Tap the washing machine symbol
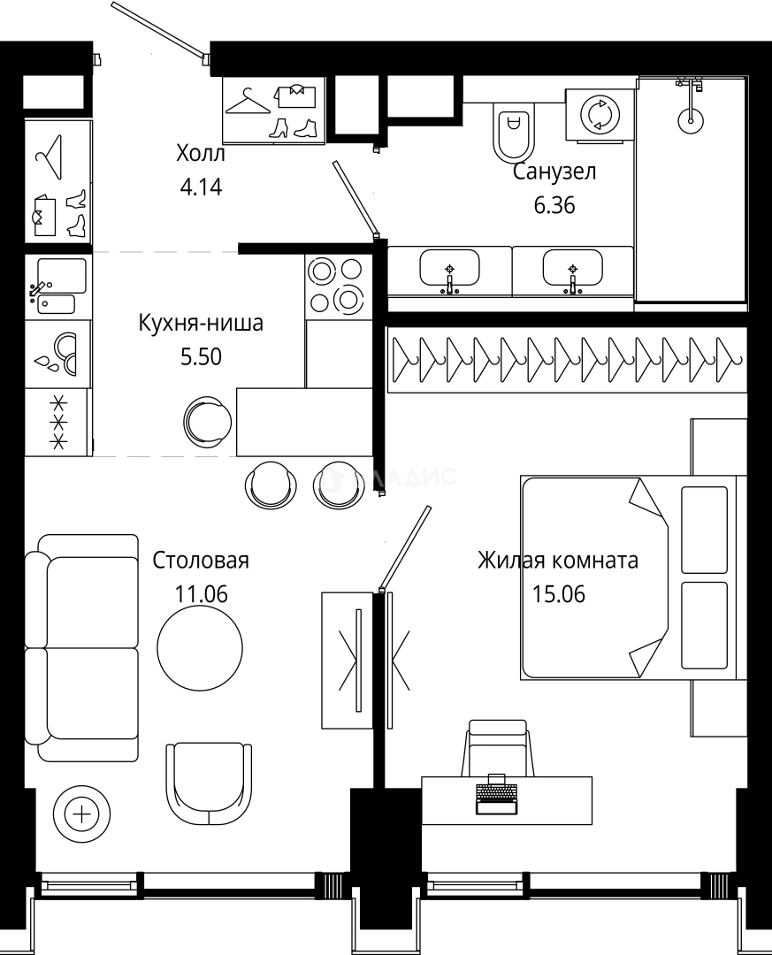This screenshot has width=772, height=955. tap(600, 115)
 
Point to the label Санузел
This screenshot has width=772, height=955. tap(554, 172)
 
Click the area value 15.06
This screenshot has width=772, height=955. tap(558, 593)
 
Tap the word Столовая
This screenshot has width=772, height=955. tap(201, 560)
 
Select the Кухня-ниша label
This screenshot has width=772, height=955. tap(200, 324)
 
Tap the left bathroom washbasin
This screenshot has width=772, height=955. tap(449, 269)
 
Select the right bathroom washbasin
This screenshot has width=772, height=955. tap(573, 269)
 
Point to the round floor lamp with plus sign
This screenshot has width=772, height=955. tap(82, 814)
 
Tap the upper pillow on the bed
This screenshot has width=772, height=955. tap(705, 528)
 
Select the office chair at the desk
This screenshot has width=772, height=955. tap(498, 748)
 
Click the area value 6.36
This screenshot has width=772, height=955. tap(554, 205)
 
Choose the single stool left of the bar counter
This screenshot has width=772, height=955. tap(209, 419)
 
